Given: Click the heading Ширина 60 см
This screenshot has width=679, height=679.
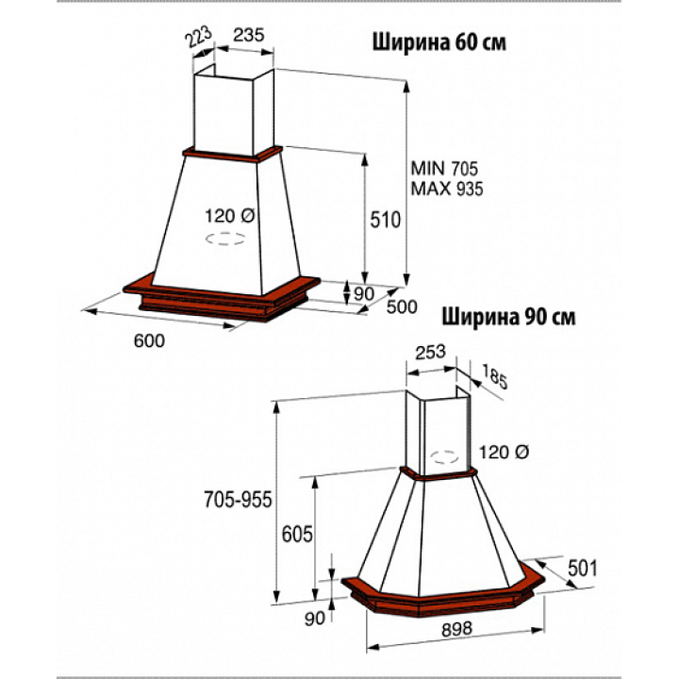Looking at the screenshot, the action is click(439, 42).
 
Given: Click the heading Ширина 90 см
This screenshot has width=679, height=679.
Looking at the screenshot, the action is click(508, 318).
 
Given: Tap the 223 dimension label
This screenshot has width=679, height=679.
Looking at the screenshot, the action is click(199, 37).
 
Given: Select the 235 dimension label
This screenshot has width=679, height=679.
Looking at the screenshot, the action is click(249, 35).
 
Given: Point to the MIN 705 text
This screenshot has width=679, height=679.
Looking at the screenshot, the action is click(444, 168).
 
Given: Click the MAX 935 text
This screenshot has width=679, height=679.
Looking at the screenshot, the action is click(446, 189).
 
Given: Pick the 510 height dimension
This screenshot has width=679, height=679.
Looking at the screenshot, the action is click(385, 220).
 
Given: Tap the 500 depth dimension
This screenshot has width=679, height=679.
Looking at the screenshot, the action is click(402, 306).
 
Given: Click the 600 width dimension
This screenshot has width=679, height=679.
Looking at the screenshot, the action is click(149, 340).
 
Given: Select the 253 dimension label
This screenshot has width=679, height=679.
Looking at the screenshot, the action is click(430, 353).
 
